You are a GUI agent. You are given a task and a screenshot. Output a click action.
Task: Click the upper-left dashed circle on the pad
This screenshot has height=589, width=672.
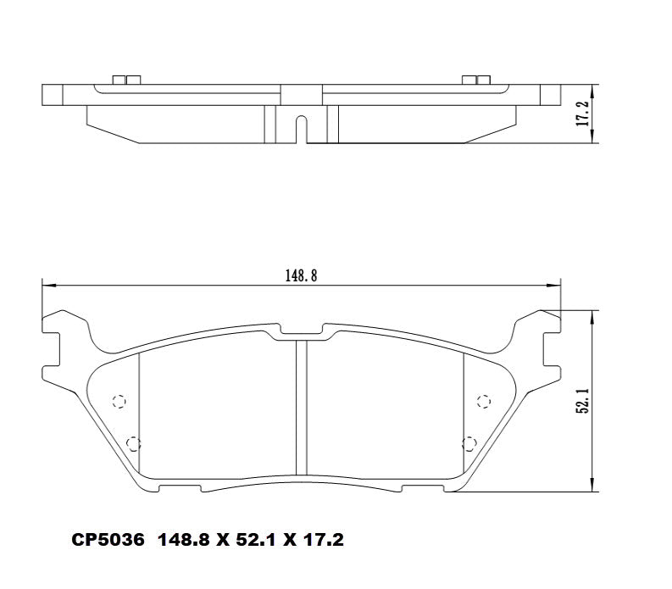[119, 401]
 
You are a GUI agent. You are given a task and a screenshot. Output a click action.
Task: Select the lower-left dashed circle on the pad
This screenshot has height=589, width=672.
[132, 442]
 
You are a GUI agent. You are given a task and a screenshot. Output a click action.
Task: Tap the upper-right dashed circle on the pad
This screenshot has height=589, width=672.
[485, 401]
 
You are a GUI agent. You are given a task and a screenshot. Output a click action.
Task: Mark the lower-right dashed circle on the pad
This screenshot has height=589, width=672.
[471, 442]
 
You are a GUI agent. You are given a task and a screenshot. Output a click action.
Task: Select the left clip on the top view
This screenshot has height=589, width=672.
[125, 81]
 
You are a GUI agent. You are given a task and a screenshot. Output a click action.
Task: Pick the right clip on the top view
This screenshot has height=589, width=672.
[476, 81]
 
